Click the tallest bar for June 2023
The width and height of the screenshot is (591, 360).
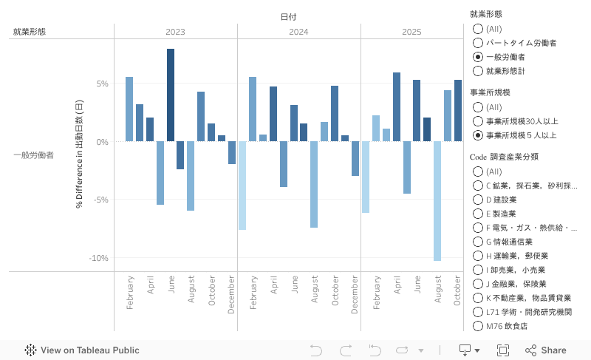point(171,95)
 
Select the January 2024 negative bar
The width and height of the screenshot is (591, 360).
point(242,185)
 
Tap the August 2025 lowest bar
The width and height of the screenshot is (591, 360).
point(437,200)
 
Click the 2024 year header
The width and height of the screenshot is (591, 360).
point(298,32)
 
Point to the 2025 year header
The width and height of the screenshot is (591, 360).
point(412,32)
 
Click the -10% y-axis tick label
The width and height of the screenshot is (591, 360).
point(98,258)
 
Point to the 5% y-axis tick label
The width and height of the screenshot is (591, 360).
point(102,84)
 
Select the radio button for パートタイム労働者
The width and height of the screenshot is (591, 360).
point(478,43)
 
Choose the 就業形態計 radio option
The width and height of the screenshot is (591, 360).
point(478,71)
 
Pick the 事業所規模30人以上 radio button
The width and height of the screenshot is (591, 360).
point(478,121)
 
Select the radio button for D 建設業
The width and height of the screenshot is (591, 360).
point(478,200)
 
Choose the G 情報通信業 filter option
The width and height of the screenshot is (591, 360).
point(478,242)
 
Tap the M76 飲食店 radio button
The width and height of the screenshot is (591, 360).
point(478,326)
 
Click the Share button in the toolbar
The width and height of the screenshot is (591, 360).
point(546,350)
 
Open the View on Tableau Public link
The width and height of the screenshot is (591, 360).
point(81,350)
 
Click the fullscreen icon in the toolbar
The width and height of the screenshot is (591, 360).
point(503,350)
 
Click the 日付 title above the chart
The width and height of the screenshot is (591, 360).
point(289,16)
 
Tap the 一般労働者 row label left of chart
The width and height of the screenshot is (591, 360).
point(33,155)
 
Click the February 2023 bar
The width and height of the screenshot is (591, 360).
point(129,109)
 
